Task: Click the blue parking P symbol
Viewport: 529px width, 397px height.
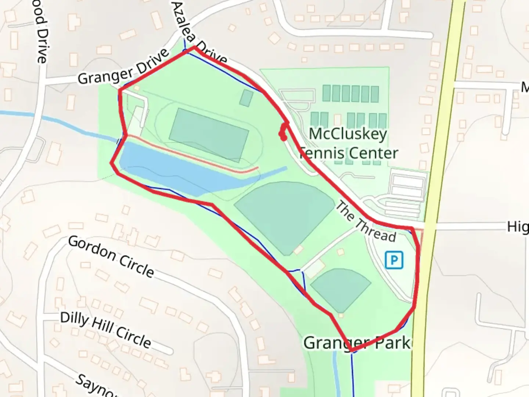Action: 394,260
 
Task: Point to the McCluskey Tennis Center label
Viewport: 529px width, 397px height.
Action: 348,143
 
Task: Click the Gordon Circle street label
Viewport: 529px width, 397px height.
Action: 111,257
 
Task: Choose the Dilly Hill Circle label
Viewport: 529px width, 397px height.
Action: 105,330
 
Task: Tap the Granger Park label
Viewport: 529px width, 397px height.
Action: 356,343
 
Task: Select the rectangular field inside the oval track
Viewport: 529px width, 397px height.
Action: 208,134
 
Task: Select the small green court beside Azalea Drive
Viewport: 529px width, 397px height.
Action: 246,97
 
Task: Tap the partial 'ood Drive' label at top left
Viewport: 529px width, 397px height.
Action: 41,33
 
